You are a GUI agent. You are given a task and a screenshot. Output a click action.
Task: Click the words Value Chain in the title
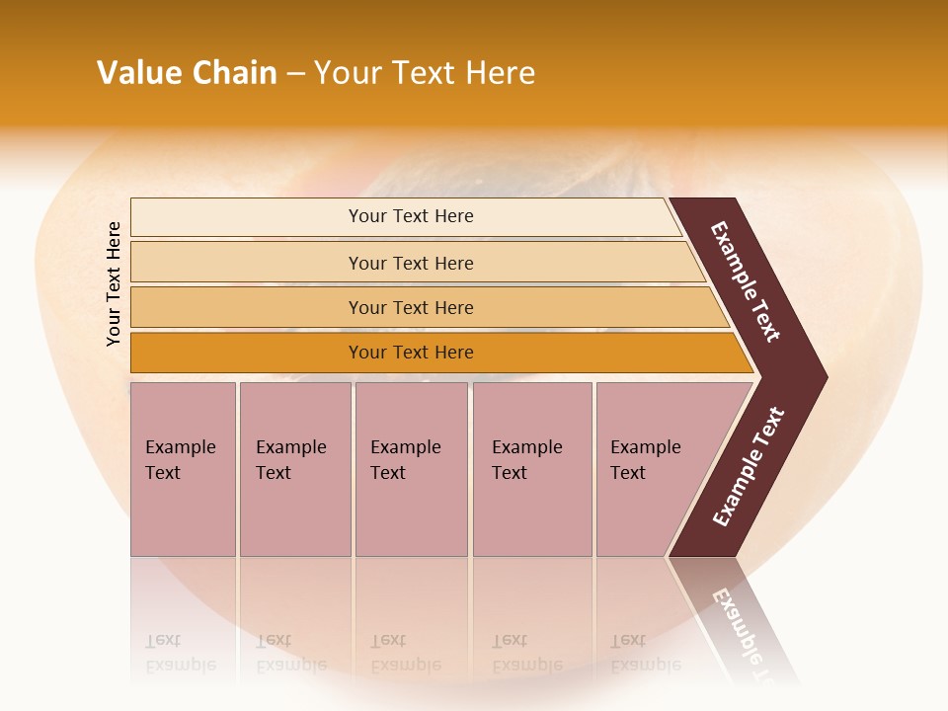tap(187, 73)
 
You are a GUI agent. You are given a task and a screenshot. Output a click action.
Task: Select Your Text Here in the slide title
tap(425, 73)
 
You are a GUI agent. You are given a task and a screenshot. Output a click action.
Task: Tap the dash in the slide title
tap(295, 74)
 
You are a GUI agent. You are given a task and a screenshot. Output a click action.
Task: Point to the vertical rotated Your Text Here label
tap(114, 283)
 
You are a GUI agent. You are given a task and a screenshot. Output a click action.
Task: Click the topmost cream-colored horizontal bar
tap(410, 216)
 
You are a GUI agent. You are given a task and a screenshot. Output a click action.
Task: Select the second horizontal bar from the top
tap(410, 263)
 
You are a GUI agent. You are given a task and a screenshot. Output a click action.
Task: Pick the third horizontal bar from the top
tap(410, 307)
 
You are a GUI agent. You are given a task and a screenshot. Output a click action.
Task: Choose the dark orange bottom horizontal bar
tap(410, 353)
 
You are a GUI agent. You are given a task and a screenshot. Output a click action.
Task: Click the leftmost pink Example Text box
tap(182, 468)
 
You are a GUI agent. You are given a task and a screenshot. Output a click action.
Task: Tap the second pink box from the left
tap(294, 468)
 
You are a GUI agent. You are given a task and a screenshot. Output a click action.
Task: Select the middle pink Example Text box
tap(410, 468)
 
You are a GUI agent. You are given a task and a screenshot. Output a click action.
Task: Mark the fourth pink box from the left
tap(531, 468)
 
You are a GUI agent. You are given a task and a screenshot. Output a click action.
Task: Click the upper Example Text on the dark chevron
tap(746, 281)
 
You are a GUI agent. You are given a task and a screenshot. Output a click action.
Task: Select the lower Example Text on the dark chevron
tap(749, 467)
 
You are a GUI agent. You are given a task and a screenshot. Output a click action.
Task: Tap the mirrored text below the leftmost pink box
tap(180, 653)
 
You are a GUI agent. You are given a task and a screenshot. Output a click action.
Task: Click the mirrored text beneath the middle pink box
tap(405, 653)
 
